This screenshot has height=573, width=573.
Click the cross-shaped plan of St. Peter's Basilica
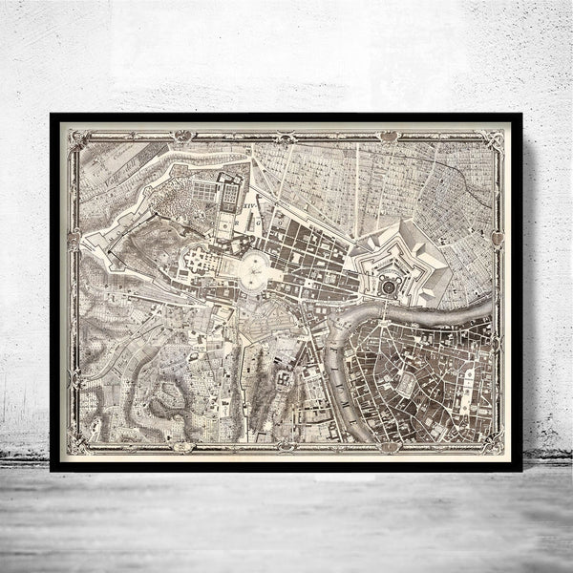click(x=202, y=259)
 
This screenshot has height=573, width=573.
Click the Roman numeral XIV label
click(x=249, y=203)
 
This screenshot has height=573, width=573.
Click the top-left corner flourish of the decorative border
click(x=73, y=137)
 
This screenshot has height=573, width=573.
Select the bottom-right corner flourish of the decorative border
click(x=497, y=445)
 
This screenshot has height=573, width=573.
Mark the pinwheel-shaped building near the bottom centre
click(x=284, y=380)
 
